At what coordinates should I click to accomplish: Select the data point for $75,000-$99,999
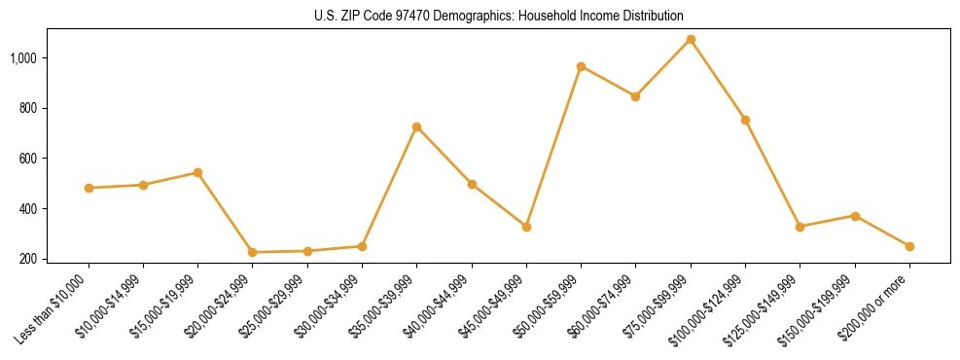click(x=691, y=40)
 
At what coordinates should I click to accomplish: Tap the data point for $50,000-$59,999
click(x=581, y=67)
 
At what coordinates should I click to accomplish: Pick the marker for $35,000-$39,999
click(x=416, y=127)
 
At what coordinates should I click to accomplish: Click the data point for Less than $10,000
click(x=89, y=188)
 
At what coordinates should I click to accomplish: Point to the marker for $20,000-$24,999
click(x=253, y=252)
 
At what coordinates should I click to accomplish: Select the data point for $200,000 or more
click(x=909, y=246)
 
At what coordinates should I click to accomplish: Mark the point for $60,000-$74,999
click(x=635, y=96)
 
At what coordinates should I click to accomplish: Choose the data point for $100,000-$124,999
click(x=745, y=120)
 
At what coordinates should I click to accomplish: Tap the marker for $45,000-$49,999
click(x=526, y=227)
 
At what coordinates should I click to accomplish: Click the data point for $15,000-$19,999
click(x=197, y=172)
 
